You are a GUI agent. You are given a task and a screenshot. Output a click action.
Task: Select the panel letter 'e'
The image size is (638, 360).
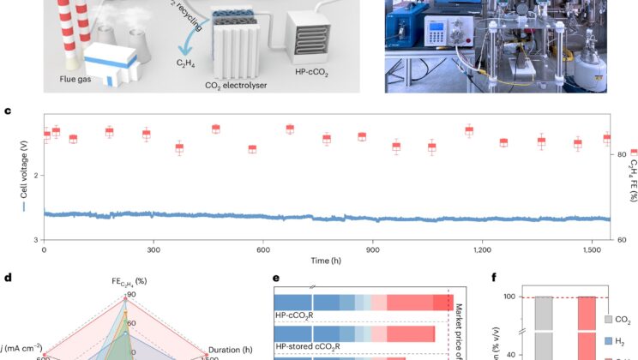pos(277,278)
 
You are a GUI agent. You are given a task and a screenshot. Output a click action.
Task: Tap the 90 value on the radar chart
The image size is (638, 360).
pos(130,296)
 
